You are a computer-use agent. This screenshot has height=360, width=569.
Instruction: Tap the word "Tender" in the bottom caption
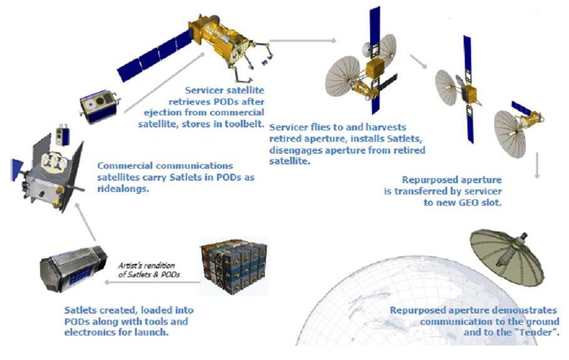[x=536, y=332]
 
